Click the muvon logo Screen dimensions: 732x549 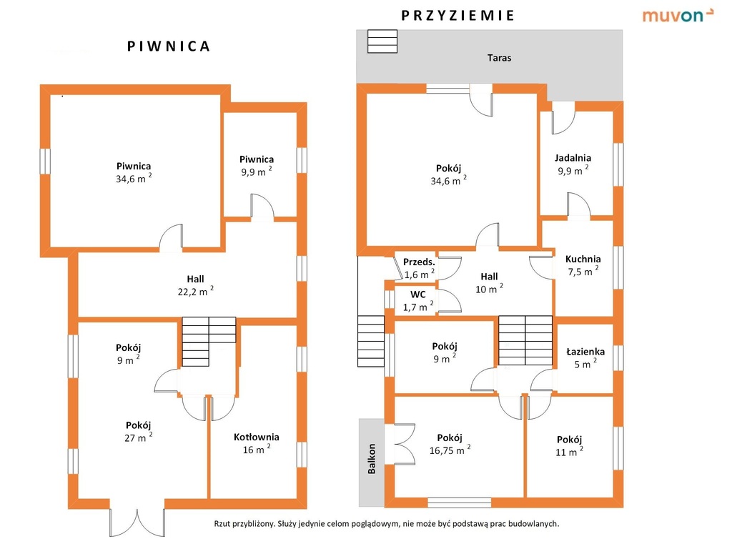click(678, 15)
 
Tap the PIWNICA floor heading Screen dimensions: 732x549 click(169, 46)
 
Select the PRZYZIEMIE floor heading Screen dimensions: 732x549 click(457, 16)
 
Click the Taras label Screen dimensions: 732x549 click(499, 58)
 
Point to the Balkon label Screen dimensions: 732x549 click(372, 459)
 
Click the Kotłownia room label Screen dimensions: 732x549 click(257, 437)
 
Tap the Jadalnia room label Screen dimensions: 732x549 click(573, 158)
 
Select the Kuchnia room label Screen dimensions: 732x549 click(583, 259)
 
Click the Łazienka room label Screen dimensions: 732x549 click(585, 352)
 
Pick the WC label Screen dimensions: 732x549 click(417, 295)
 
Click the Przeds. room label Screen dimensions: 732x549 click(419, 262)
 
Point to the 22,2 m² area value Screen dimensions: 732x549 click(196, 292)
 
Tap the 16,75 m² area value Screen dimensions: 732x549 click(450, 450)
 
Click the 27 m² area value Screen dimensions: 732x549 click(138, 437)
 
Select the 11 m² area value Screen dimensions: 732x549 click(569, 452)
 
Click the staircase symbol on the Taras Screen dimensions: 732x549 click(382, 41)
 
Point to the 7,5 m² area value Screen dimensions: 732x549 click(583, 271)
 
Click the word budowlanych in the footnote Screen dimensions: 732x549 click(535, 524)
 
